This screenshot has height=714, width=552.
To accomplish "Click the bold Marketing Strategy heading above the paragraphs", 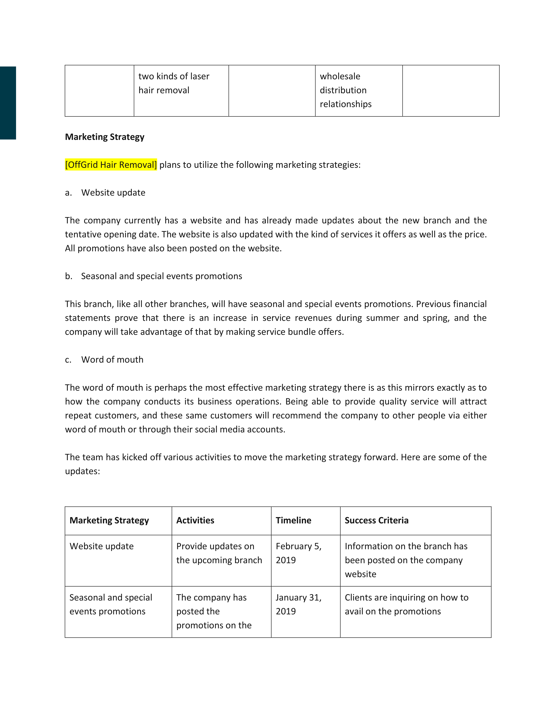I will tap(105, 137).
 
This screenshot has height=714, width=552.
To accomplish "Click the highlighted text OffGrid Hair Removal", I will tap(111, 164).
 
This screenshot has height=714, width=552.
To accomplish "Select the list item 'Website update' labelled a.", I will tap(113, 193).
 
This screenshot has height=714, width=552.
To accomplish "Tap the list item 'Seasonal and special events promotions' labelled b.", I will tap(161, 276).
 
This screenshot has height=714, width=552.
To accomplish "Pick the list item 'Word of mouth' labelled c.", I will tap(112, 360).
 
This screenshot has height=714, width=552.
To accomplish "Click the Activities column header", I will tap(195, 520).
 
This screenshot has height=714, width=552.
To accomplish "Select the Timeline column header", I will tap(293, 520).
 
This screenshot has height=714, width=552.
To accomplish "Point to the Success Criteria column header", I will tap(376, 520).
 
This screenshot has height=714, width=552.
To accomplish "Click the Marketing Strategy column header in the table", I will tap(109, 520).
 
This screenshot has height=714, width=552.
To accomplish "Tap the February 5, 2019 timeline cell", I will tap(299, 553).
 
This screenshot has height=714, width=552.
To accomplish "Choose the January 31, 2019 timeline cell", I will tap(299, 604).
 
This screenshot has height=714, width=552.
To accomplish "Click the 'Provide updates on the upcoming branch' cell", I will tap(219, 553).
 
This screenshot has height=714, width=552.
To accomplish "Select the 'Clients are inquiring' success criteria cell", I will tap(407, 604).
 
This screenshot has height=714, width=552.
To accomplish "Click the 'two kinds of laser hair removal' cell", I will tap(174, 83).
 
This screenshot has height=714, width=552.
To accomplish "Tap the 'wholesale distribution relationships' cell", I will tap(346, 90).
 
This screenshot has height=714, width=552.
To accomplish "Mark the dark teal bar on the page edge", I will tap(8, 103).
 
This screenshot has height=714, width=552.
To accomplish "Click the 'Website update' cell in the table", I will tap(102, 546).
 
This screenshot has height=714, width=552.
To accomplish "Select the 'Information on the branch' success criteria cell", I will tap(406, 560).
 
